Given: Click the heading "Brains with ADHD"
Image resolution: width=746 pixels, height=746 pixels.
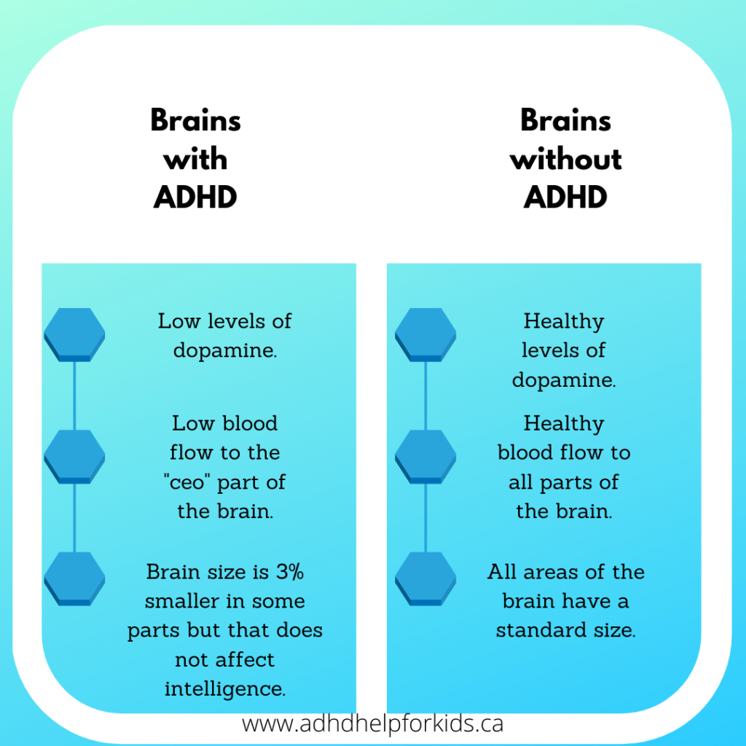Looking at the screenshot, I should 195,159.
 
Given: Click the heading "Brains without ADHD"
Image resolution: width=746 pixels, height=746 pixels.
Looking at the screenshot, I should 565,159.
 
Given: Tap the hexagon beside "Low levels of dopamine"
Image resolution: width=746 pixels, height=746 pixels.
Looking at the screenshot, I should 74,334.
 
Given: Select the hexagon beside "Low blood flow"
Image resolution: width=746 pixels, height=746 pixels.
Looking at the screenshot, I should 74,456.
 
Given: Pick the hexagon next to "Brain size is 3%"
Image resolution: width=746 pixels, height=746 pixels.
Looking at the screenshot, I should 74,578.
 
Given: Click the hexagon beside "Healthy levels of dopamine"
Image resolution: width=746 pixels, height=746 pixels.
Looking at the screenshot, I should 425,334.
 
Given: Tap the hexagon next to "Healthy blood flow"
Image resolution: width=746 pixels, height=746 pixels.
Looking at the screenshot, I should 425,456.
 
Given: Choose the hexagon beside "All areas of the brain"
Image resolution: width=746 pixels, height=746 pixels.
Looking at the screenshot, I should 425,578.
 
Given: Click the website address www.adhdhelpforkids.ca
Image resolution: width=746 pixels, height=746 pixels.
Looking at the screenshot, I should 372,724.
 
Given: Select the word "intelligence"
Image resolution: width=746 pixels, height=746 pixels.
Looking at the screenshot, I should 225,688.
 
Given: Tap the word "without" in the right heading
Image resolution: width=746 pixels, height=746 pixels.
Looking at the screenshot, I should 565,160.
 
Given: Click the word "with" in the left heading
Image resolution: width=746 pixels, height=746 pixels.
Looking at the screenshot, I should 195,160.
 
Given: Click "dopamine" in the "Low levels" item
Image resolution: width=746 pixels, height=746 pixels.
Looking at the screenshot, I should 225,350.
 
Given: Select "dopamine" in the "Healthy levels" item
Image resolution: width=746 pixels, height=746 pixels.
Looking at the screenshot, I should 564,380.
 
